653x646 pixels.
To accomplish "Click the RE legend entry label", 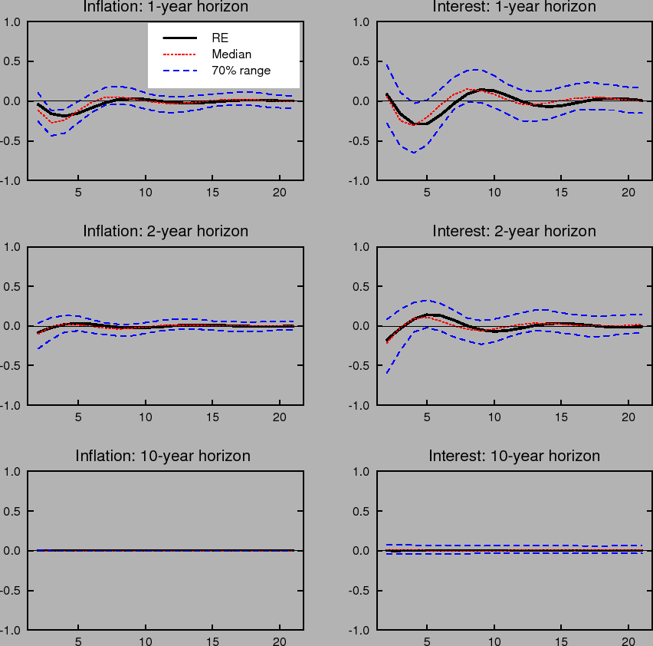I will pos(220,37).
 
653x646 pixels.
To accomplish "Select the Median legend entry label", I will pos(231,54).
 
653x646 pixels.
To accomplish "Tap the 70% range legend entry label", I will pos(241,71).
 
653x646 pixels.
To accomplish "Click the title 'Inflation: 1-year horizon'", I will pos(166,7).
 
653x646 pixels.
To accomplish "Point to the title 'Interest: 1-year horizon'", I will pos(514,7).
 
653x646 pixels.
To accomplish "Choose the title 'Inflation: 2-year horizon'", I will pos(166,231).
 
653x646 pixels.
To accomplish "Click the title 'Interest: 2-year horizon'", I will pos(514,231).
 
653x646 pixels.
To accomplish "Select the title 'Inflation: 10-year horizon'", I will pos(162,456).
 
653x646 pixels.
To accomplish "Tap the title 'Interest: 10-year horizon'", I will pos(514,456).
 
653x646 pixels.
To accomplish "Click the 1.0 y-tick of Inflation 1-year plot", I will pos(12,22).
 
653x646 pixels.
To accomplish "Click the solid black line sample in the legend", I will pos(180,37).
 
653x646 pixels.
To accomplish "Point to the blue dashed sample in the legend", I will pos(180,71).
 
